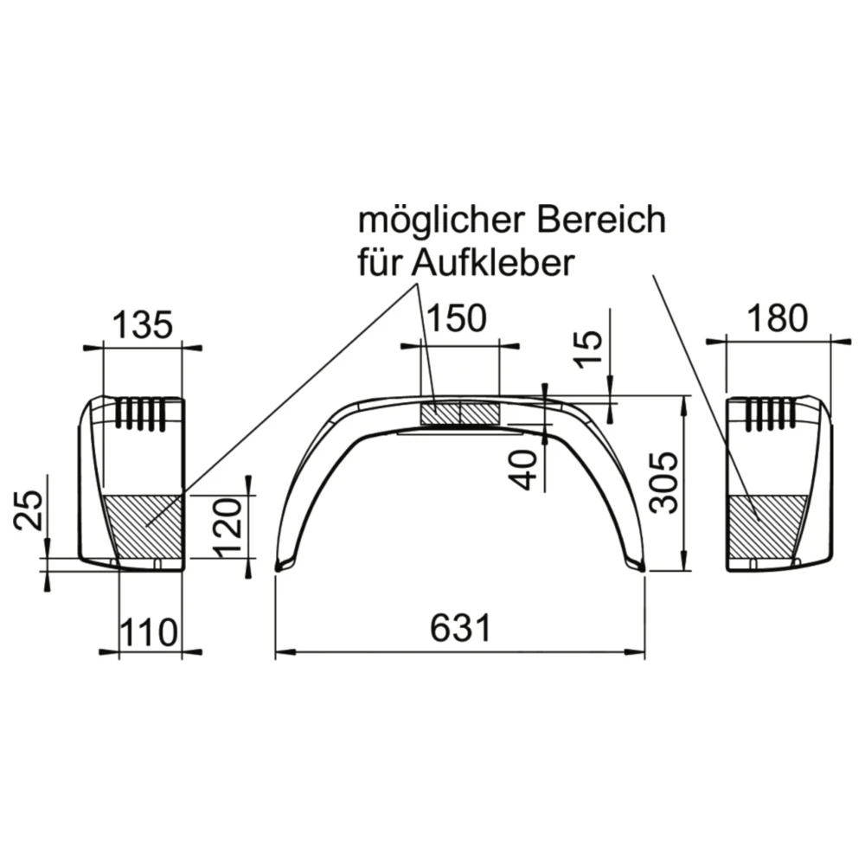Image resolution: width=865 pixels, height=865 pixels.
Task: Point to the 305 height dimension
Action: click(x=665, y=482)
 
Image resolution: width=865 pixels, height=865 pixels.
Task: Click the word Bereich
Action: click(x=603, y=220)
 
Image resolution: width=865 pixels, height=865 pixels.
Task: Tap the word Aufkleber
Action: click(x=493, y=263)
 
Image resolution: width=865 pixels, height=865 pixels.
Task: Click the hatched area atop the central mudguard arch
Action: click(x=459, y=413)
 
